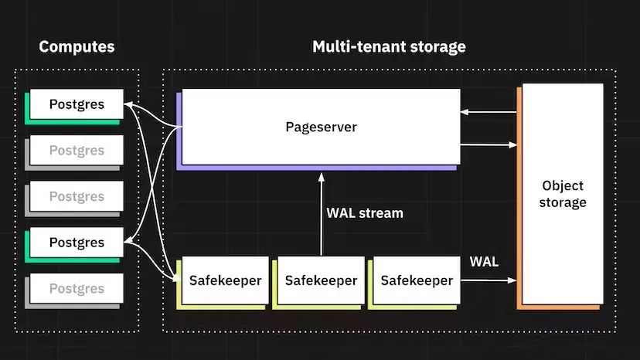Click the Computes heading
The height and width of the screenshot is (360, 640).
click(x=77, y=46)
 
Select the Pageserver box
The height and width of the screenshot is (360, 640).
click(x=321, y=127)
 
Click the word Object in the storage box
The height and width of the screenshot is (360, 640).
click(x=563, y=186)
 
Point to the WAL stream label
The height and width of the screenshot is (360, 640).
click(x=365, y=212)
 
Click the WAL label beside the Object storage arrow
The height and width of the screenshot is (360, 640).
click(x=485, y=262)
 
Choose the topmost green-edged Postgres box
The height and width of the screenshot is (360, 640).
click(x=77, y=104)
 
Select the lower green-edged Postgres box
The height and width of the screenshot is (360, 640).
click(x=77, y=243)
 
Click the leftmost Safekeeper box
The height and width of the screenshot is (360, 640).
click(x=225, y=280)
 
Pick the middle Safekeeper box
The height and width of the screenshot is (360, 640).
click(x=321, y=280)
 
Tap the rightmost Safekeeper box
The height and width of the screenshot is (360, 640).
click(x=417, y=280)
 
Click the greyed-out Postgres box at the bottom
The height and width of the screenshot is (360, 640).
click(x=77, y=289)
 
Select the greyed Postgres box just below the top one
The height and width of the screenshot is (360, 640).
click(x=77, y=151)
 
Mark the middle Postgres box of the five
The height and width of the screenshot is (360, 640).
click(x=77, y=197)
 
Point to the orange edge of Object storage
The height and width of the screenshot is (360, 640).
click(x=520, y=201)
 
